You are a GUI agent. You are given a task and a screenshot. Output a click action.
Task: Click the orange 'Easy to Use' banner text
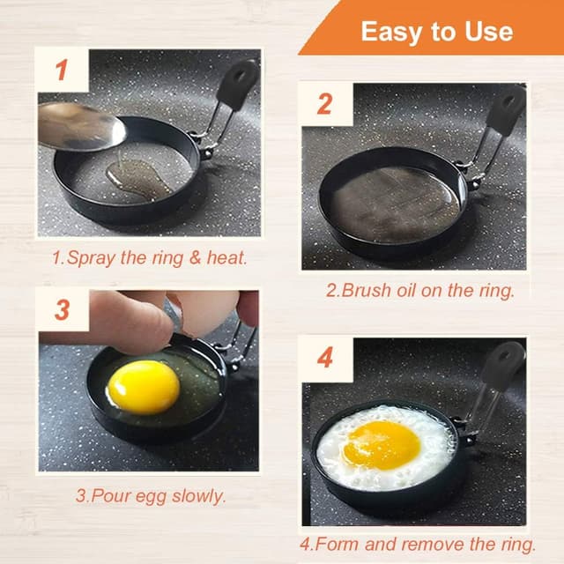[436, 33]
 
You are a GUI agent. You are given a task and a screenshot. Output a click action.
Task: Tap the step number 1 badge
[62, 70]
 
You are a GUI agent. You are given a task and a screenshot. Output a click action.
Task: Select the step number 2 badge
[324, 104]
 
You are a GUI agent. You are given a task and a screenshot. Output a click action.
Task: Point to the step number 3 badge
[63, 310]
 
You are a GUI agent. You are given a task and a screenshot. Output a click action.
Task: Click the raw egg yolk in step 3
[144, 386]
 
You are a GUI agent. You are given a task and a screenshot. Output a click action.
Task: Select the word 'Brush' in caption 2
[367, 290]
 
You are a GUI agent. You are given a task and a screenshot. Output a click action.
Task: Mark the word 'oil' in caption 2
[412, 290]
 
